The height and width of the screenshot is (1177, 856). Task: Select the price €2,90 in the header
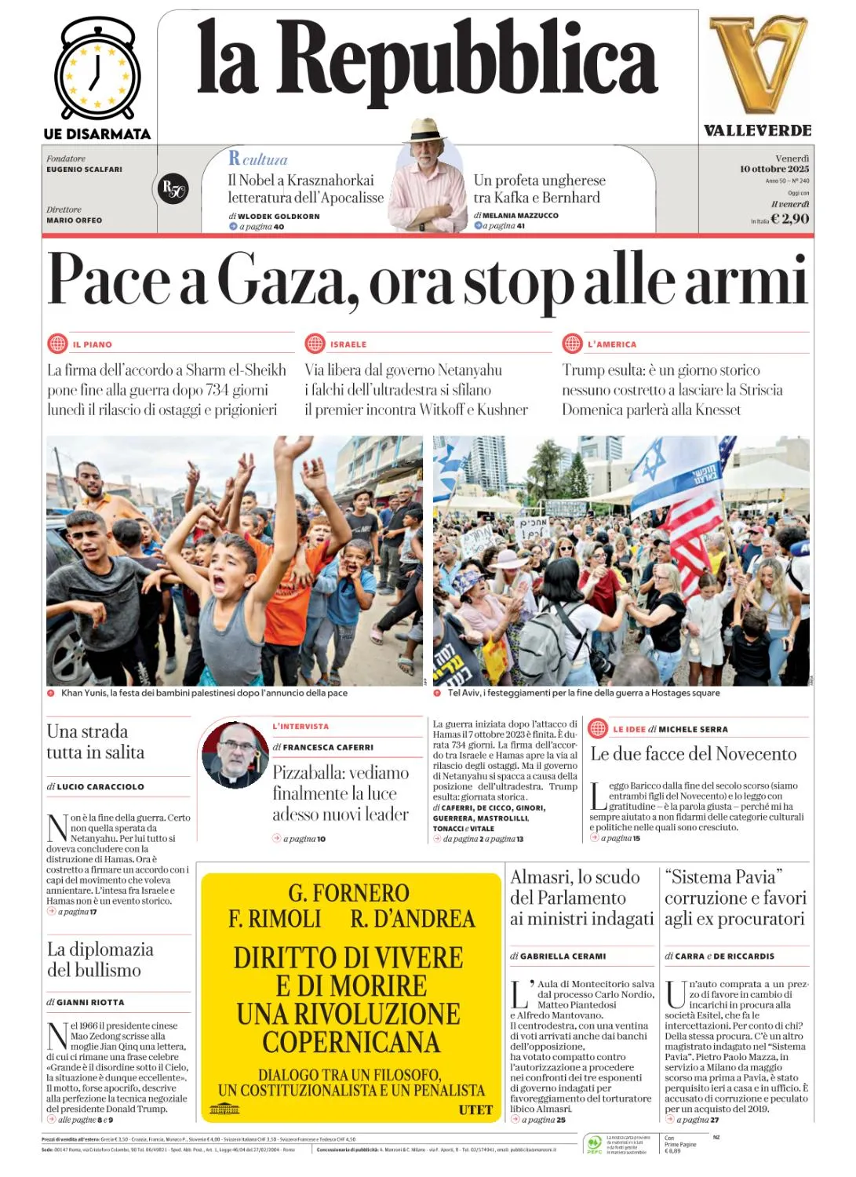pos(789,219)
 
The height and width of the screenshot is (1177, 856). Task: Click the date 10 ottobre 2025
pos(774,169)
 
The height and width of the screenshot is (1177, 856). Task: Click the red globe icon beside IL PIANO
pos(57,344)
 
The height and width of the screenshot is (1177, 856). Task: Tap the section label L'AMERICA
pos(612,344)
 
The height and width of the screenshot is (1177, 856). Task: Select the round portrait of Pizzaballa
pos(235,755)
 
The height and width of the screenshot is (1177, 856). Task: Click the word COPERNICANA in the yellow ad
pos(351,1042)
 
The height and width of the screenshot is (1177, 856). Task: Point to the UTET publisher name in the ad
pos(475,1110)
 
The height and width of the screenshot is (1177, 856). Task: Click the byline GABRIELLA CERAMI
pos(563,957)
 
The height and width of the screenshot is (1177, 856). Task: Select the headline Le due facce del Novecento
pos(693,754)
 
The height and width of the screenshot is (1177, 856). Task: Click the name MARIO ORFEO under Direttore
pos(74,220)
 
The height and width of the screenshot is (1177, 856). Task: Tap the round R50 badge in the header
pos(173,189)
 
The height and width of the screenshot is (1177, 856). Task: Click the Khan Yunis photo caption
pos(204,693)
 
